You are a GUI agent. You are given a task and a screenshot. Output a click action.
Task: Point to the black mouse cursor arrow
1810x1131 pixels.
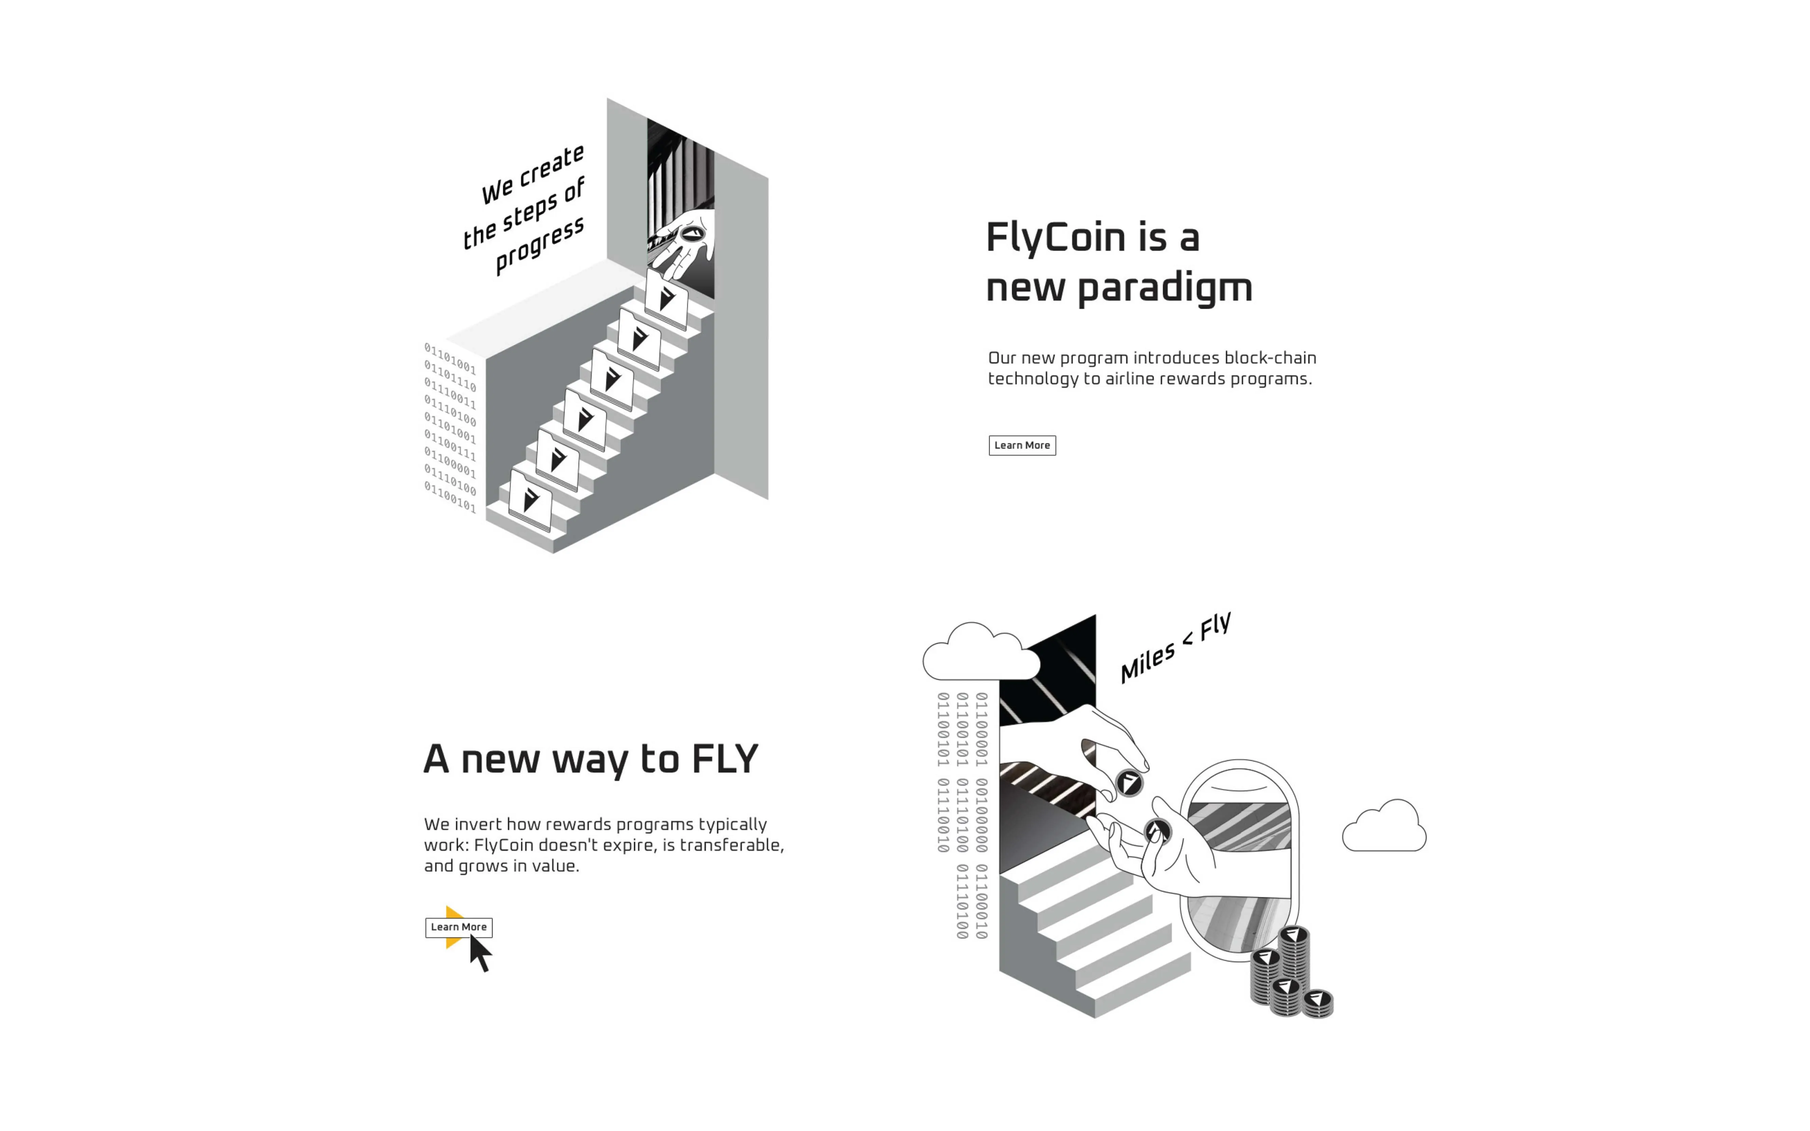tap(480, 954)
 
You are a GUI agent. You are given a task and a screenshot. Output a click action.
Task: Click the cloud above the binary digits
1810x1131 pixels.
tap(980, 653)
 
